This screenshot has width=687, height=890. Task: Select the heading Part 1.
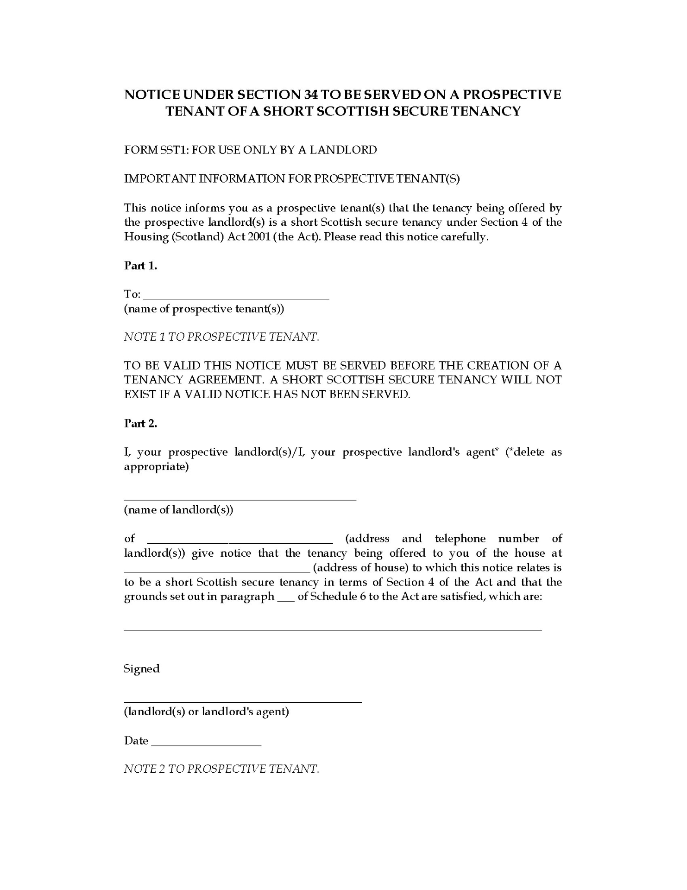141,266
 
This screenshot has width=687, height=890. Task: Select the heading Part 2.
141,424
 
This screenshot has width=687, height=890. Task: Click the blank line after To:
237,297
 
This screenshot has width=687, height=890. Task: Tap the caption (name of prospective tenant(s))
204,309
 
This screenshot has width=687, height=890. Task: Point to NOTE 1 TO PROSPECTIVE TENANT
221,337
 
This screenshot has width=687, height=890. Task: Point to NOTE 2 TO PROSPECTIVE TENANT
221,769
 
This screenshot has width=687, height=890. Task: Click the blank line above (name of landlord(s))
240,498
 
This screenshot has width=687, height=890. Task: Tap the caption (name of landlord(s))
178,510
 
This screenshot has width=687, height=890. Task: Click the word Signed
142,669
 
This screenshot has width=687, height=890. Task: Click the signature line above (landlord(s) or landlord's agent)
243,702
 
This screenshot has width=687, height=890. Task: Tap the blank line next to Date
206,743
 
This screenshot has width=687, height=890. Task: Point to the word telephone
460,539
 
